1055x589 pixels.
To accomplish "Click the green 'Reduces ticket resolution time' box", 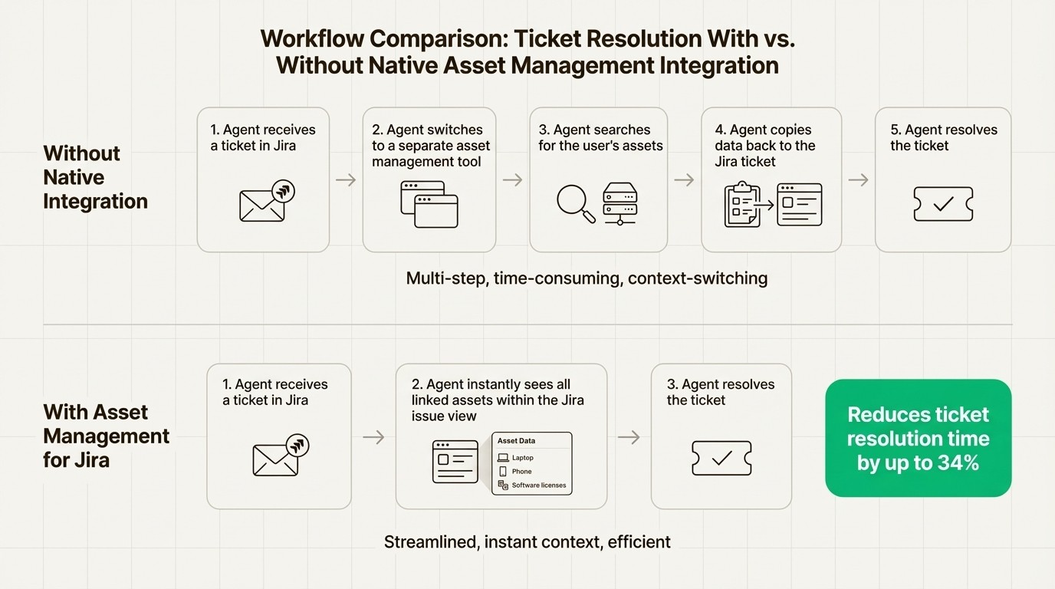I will pos(918,438).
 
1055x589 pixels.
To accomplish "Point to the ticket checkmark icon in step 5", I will pos(943,204).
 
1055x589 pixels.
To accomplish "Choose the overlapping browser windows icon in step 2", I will pos(429,204).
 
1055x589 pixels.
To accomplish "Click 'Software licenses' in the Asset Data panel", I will pos(538,485).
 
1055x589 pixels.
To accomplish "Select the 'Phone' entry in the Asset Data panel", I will pos(521,472).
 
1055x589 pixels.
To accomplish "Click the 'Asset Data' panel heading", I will pos(516,441).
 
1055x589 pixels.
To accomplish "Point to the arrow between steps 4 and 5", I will pos(859,180).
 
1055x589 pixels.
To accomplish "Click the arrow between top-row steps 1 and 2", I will pos(346,180).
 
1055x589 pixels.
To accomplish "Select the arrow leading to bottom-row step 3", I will pos(629,437).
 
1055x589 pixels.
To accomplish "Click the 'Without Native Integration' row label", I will pos(95,177).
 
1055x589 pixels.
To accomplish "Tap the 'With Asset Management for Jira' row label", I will pos(106,436).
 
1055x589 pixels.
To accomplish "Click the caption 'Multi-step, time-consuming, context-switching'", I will pos(587,278).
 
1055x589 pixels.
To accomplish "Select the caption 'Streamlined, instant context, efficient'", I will pos(527,542).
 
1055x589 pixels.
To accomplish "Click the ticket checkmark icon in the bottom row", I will pos(721,459).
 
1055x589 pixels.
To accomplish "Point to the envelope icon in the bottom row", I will pos(276,459).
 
